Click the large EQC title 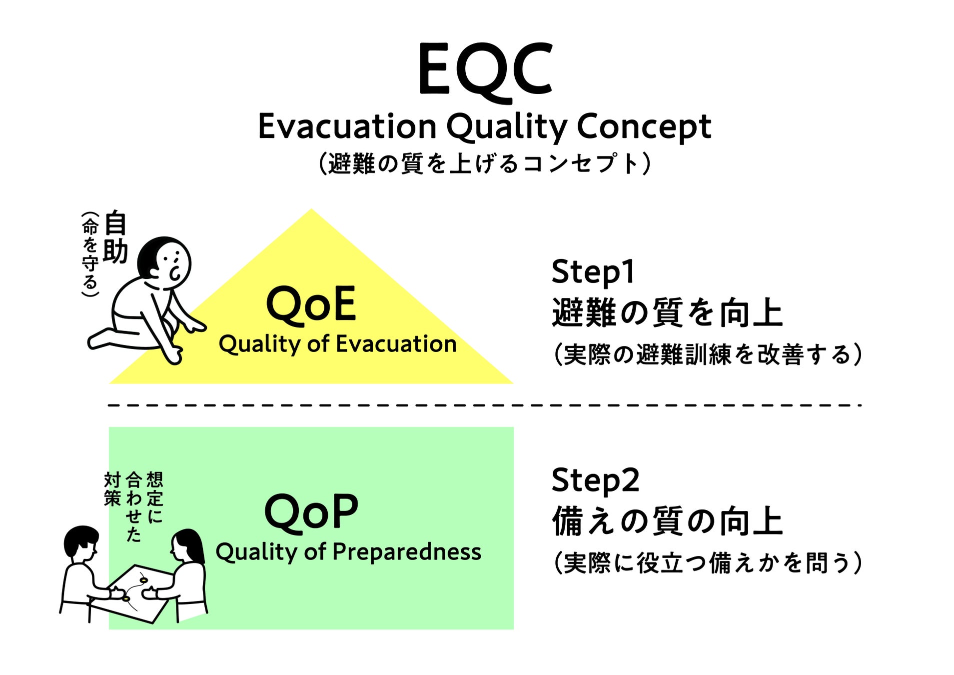coord(485,70)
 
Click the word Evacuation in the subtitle coord(347,126)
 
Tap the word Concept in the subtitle coord(644,126)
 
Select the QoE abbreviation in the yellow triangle coord(311,304)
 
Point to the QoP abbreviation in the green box coord(311,512)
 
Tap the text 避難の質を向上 coord(667,313)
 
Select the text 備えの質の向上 coord(667,521)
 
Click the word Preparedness coord(406,552)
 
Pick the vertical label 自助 coord(115,237)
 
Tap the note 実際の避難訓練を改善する coord(707,354)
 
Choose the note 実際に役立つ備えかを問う coord(707,563)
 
